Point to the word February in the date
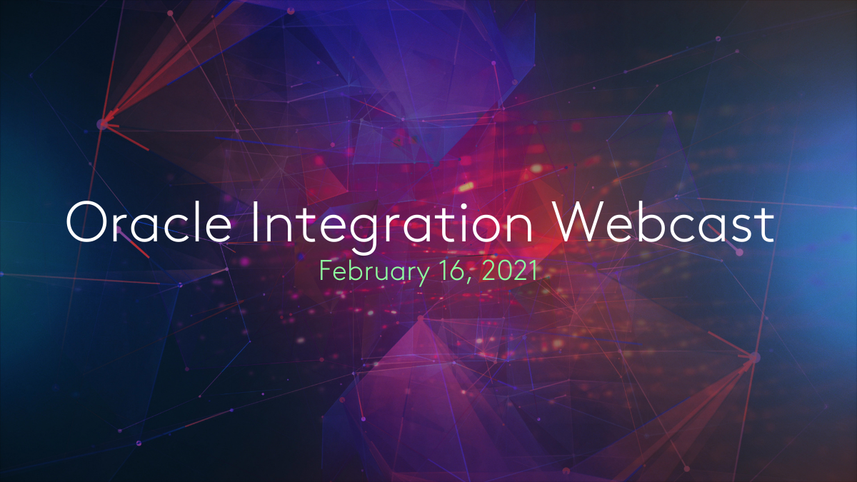(x=365, y=272)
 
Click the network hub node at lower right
(x=754, y=356)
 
